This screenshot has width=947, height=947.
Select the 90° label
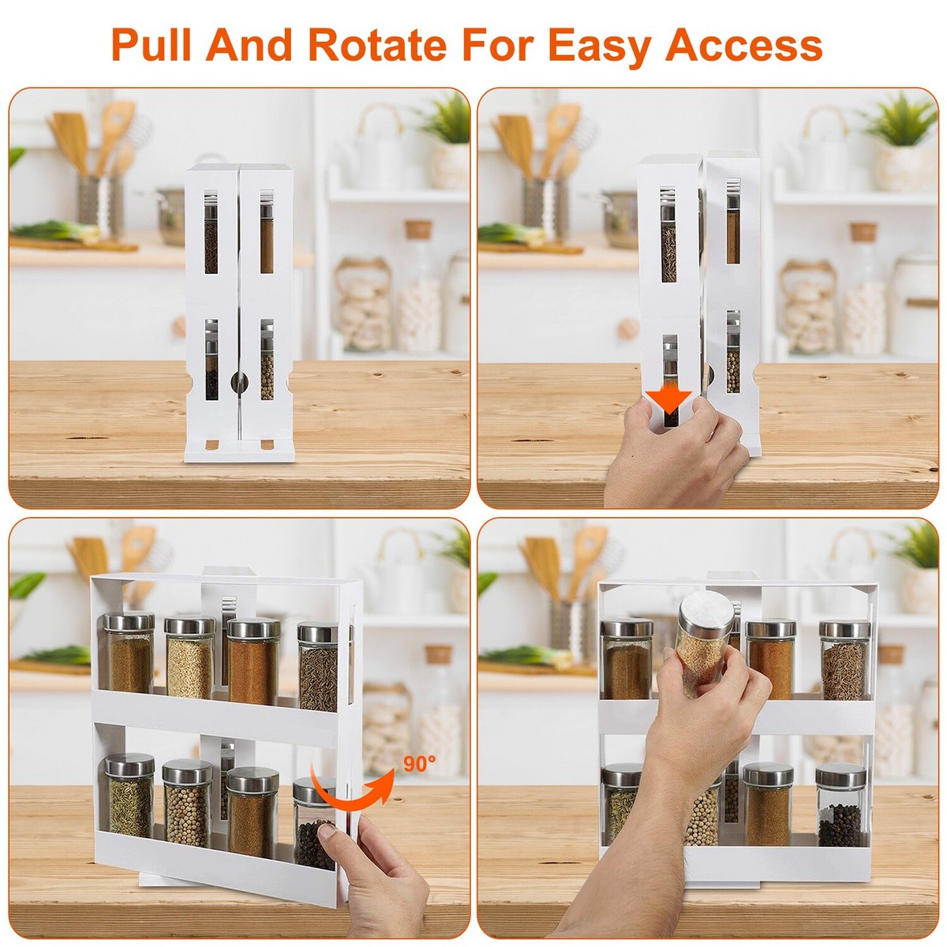pyautogui.click(x=419, y=764)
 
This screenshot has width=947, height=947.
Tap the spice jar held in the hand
pyautogui.click(x=702, y=643)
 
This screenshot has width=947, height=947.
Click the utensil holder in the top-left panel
pyautogui.click(x=100, y=205)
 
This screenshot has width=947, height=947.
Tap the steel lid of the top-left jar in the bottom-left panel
pyautogui.click(x=129, y=622)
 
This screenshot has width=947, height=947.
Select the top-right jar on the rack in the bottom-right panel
pyautogui.click(x=844, y=661)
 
